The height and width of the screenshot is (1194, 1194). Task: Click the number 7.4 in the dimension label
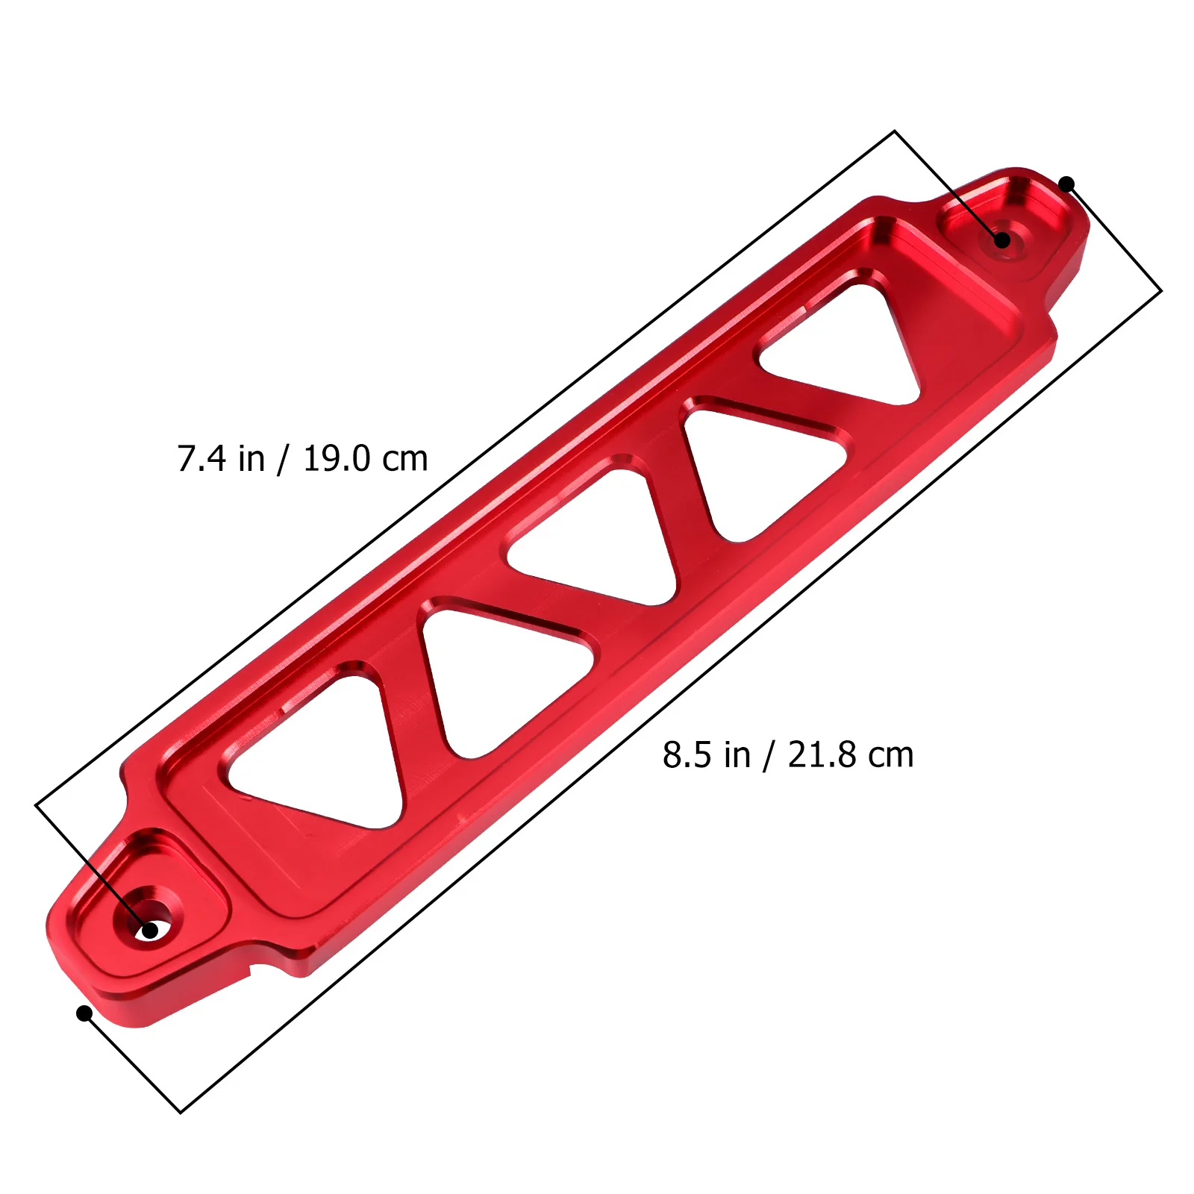click(201, 458)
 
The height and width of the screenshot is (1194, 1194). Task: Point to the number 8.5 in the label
click(687, 755)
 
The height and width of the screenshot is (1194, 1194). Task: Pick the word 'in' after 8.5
click(737, 755)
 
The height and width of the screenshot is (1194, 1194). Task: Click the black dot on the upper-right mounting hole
click(1002, 240)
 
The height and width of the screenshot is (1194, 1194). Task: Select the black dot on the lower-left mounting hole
click(150, 931)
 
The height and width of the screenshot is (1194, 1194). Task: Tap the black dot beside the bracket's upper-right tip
click(1067, 184)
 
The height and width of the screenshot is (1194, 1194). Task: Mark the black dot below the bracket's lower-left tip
click(84, 1013)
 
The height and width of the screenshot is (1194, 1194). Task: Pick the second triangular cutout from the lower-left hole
click(500, 672)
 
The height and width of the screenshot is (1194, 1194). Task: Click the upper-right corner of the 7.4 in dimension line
click(894, 132)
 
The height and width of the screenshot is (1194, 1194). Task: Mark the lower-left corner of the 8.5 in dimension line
click(181, 1113)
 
